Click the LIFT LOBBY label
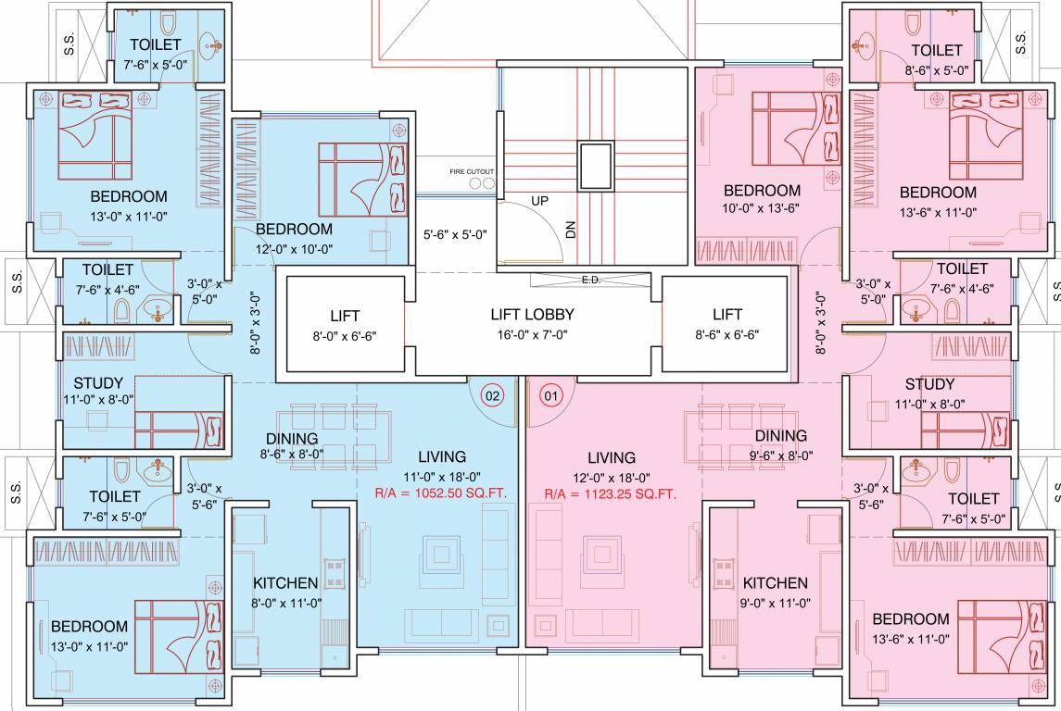click(x=532, y=315)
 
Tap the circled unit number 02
click(x=492, y=396)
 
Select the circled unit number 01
click(x=551, y=396)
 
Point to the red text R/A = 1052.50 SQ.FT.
click(x=440, y=494)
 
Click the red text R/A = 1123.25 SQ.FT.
click(x=611, y=494)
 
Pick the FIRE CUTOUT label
click(x=472, y=171)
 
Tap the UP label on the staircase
click(x=540, y=200)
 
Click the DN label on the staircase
click(x=571, y=231)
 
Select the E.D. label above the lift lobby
click(x=590, y=280)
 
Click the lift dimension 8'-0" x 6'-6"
click(x=345, y=336)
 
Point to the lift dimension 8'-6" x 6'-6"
click(x=726, y=336)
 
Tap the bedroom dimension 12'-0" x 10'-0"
click(x=294, y=249)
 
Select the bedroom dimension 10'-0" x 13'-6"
click(x=762, y=210)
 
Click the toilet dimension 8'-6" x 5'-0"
click(x=936, y=69)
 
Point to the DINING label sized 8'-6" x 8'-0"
click(x=292, y=438)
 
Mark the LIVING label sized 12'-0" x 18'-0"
click(x=611, y=457)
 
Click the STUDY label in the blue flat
click(x=98, y=383)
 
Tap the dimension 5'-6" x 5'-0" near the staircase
click(x=454, y=235)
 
